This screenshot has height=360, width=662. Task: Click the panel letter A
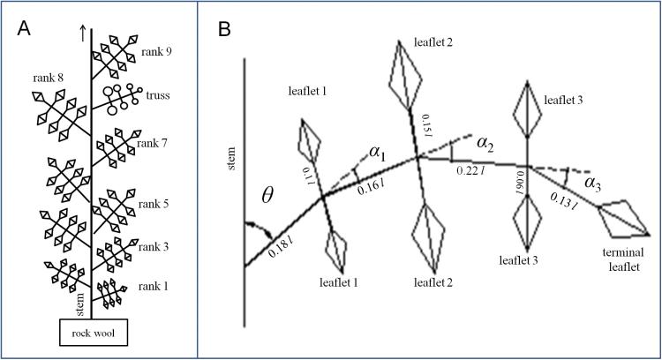26,28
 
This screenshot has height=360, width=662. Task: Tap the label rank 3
154,247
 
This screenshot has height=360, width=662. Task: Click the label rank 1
154,287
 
